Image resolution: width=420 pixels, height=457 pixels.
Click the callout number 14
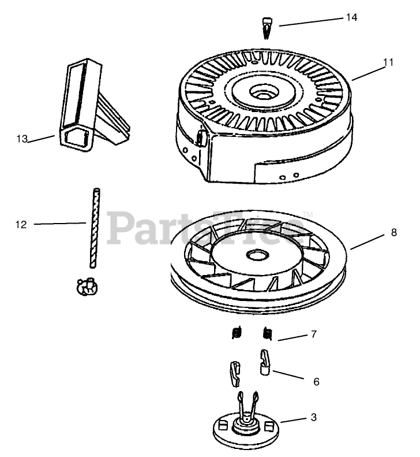(351, 17)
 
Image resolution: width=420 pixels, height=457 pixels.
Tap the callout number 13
(22, 139)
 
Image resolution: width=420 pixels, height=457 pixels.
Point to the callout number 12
(21, 224)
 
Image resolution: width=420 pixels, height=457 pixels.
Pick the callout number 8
(393, 233)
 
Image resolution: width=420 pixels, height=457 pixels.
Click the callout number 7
(313, 334)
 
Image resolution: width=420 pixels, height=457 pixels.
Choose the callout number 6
(316, 381)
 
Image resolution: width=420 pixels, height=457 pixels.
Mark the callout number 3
(313, 417)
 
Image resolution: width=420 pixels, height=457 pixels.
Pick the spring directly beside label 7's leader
(267, 333)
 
